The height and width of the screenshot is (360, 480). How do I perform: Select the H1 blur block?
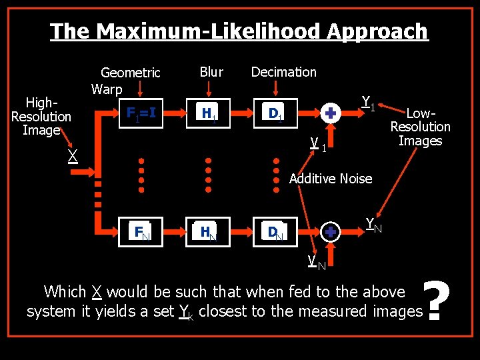209,113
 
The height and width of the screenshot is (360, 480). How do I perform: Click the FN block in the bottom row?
141,232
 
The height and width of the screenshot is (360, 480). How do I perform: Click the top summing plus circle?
329,113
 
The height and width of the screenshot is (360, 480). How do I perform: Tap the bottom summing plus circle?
329,232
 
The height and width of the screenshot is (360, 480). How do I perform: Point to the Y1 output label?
368,103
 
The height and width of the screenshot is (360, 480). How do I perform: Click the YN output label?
373,225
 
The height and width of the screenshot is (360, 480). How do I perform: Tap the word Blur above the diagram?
211,71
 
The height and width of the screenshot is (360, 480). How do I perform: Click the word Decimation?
283,71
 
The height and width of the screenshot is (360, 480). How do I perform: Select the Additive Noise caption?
330,178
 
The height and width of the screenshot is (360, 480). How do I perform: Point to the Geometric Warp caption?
126,80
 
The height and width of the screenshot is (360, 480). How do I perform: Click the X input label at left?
73,156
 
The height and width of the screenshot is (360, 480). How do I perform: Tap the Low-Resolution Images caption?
420,127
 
